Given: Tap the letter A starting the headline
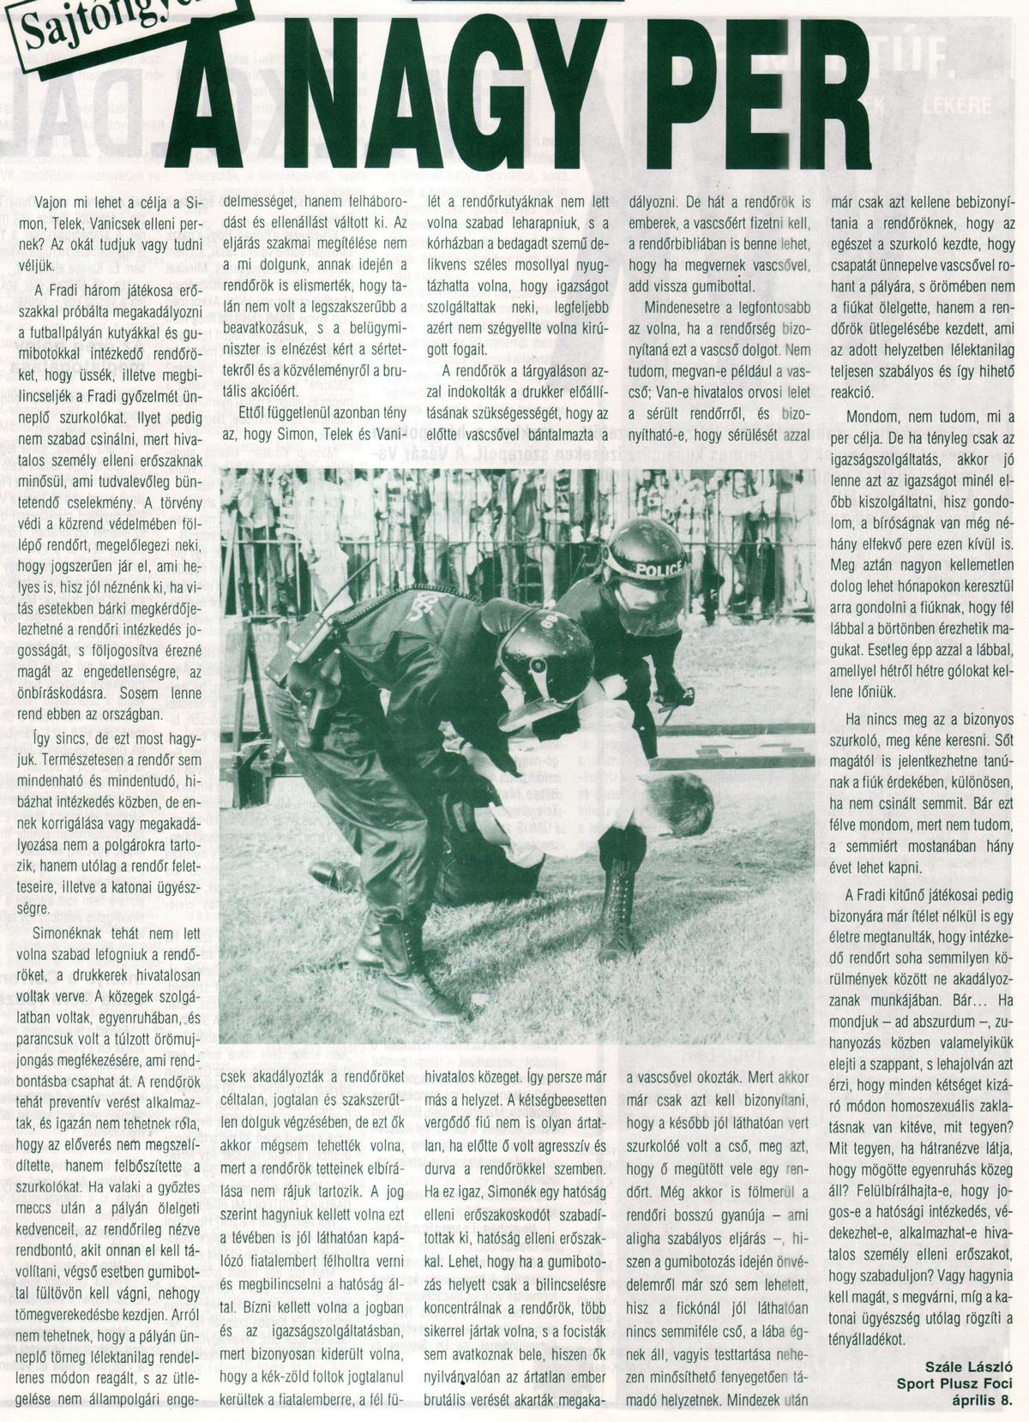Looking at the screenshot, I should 208,96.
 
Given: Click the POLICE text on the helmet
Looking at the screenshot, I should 660,567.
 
